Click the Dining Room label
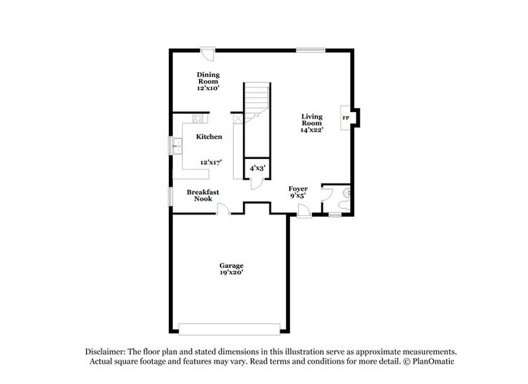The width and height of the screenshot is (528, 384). coord(208,77)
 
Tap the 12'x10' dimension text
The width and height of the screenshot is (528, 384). coord(208,88)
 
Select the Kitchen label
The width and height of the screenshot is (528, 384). coord(209,136)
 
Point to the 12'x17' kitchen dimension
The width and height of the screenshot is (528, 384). coord(210,162)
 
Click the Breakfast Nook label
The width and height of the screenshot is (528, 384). coord(202,195)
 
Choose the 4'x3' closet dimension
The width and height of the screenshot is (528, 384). coord(257,168)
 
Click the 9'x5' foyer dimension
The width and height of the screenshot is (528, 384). coord(297,196)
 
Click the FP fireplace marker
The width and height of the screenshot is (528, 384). coord(345,119)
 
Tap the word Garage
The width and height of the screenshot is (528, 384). coord(231,265)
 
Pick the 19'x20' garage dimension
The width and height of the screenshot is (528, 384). coord(231,274)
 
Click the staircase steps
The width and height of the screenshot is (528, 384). coord(257,97)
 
